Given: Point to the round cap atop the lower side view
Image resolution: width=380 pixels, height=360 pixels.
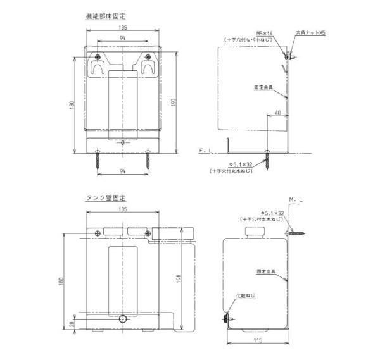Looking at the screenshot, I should coord(254,228).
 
